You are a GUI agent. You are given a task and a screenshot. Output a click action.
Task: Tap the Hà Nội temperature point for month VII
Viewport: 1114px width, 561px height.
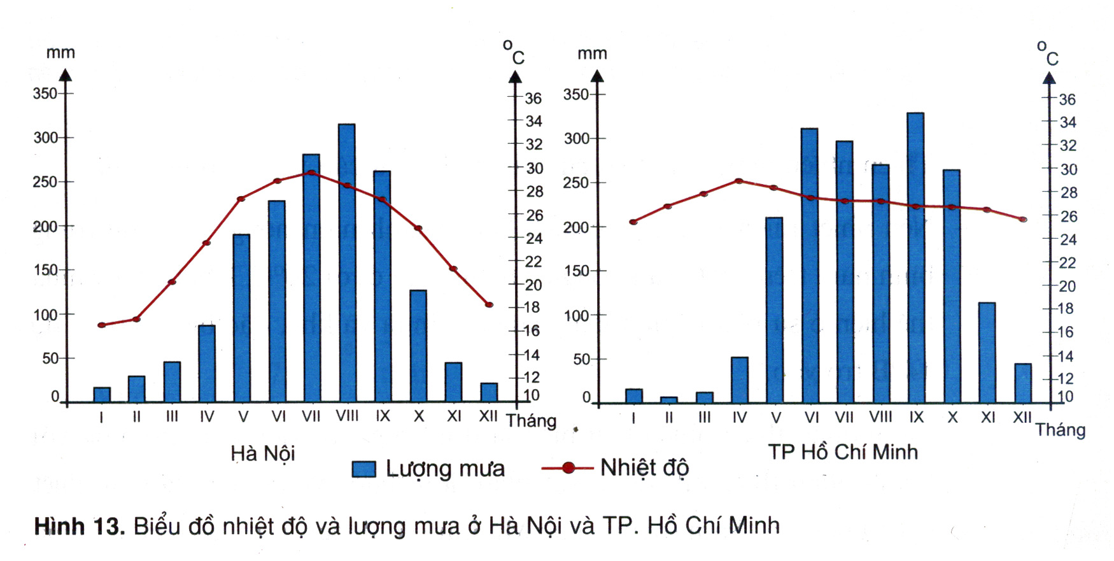[x=311, y=173]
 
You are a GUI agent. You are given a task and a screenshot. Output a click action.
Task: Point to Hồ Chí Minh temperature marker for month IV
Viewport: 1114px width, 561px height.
[x=739, y=181]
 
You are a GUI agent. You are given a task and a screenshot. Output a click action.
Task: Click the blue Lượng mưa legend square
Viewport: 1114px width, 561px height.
[x=363, y=469]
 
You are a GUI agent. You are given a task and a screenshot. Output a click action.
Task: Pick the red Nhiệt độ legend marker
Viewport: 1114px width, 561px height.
[x=568, y=468]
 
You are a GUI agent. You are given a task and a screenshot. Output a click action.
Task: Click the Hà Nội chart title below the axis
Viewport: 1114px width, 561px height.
[x=262, y=453]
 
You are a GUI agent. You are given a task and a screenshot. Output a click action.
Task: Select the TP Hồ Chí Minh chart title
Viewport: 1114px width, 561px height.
[x=842, y=452]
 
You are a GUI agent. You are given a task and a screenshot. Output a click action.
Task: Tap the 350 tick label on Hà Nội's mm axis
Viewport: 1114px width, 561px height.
[x=45, y=94]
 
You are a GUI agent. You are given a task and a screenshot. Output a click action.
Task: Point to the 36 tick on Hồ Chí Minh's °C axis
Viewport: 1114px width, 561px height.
[x=1068, y=99]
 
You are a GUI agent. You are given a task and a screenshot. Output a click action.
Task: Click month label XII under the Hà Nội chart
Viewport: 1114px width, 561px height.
[x=488, y=416]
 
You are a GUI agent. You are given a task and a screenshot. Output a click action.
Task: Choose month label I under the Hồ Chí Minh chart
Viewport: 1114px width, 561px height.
[x=633, y=418]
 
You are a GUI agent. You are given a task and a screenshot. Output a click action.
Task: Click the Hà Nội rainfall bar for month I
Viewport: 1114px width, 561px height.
[x=102, y=395]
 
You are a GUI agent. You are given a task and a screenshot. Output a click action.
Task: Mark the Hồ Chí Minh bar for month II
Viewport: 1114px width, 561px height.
[x=668, y=400]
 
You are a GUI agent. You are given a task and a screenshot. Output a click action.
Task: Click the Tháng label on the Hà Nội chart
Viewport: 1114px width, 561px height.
[x=531, y=421]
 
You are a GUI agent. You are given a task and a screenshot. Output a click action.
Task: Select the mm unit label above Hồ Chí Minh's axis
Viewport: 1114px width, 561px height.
[x=592, y=54]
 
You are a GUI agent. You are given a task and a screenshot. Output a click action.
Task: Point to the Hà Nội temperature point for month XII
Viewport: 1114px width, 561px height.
[x=489, y=305]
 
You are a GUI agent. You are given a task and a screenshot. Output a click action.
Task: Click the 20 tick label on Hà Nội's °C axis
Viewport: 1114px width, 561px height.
[x=533, y=285]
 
